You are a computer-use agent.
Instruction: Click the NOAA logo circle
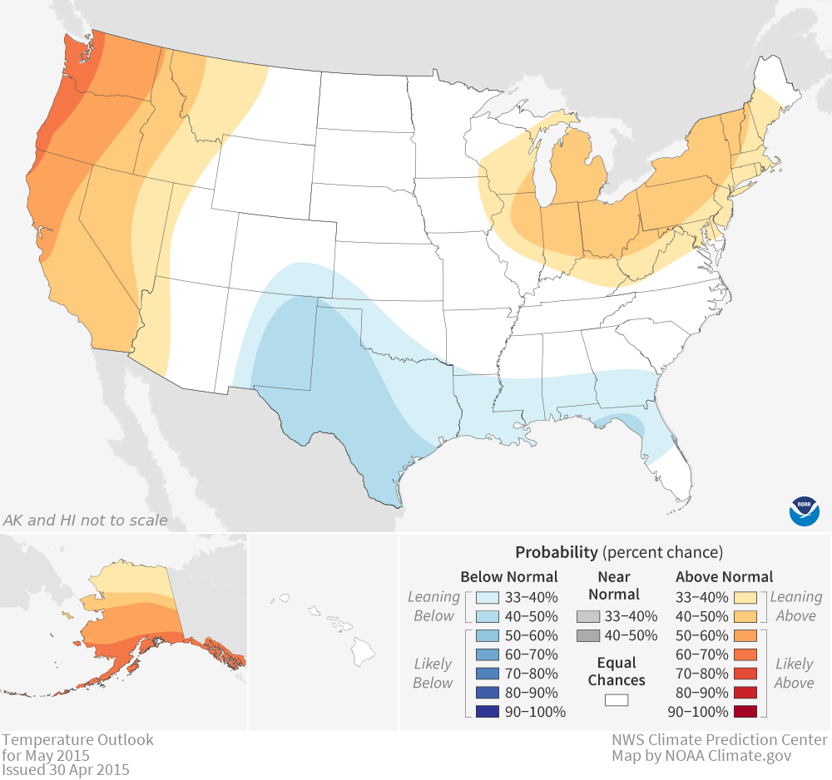pos(804,510)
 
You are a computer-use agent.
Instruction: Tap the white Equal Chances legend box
pos(617,699)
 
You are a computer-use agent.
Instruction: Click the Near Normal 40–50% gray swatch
pos(588,636)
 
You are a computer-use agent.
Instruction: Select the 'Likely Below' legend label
pos(433,673)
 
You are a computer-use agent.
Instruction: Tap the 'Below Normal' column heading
pos(509,576)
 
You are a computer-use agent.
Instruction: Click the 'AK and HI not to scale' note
pos(86,521)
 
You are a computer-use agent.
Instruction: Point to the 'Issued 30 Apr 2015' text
pos(66,769)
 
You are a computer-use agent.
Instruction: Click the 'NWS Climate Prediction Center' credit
pos(720,739)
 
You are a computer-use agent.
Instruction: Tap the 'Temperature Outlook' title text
pos(77,739)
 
